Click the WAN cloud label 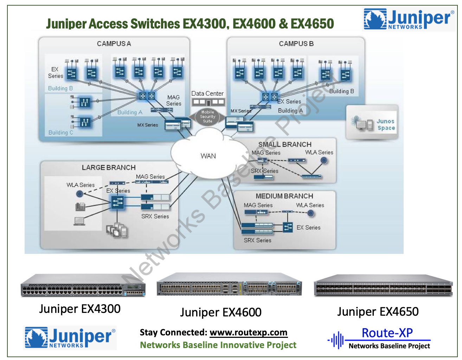coord(208,156)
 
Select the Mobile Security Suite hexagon coord(207,117)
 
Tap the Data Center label coord(207,94)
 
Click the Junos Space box coord(373,123)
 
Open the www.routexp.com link coord(248,332)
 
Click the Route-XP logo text coord(387,333)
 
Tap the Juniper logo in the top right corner coord(409,19)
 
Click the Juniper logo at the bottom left coord(70,338)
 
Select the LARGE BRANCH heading coord(109,168)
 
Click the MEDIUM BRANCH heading coord(284,196)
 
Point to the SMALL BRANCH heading coord(285,144)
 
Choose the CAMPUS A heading coord(114,44)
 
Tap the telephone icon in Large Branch coord(80,206)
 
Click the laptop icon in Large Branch coord(79,221)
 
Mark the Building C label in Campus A coord(61,133)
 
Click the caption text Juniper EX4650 coord(378,311)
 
